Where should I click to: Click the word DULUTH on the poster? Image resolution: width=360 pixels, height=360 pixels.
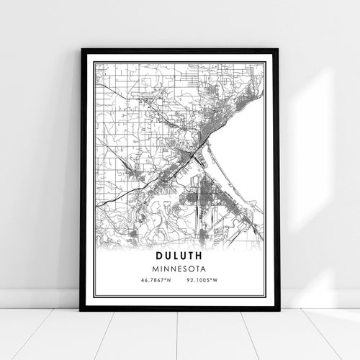coord(179,254)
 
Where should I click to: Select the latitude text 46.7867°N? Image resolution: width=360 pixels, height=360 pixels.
coord(155,279)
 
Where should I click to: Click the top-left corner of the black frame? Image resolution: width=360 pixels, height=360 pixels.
coord(82,50)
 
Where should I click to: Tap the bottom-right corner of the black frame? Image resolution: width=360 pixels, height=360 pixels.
coord(277,310)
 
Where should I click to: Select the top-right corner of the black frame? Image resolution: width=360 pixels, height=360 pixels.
coord(277,50)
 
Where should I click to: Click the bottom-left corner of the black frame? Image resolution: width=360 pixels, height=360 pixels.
coord(82,310)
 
